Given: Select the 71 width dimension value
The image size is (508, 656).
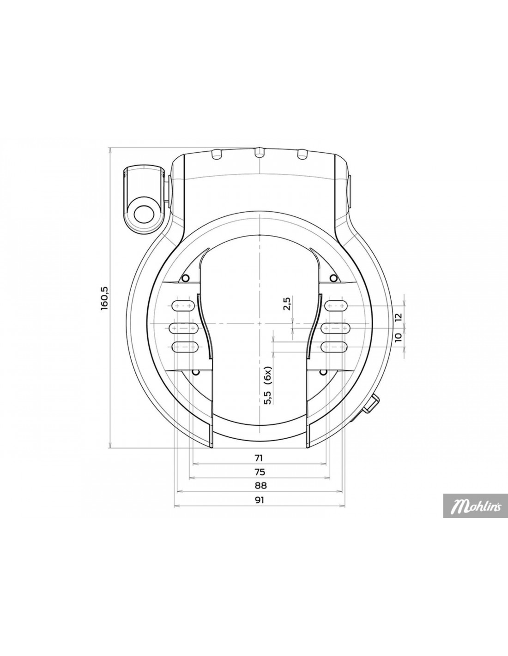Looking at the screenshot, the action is pos(259,466).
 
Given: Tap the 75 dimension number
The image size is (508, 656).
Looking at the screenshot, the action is pos(259,480).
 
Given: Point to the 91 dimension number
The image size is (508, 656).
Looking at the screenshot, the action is pos(259,508).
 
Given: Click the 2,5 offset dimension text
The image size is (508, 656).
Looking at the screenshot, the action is pos(287,304).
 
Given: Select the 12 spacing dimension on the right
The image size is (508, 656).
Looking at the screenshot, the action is pos(398,316).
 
